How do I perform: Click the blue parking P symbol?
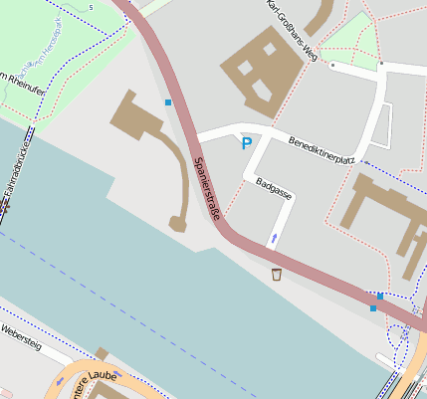pyautogui.click(x=246, y=144)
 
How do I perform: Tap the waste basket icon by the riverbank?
pyautogui.click(x=277, y=273)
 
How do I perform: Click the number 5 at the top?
pyautogui.click(x=91, y=8)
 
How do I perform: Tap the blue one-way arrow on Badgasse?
pyautogui.click(x=274, y=238)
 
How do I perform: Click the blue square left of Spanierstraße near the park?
pyautogui.click(x=168, y=102)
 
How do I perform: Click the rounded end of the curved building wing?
pyautogui.click(x=178, y=223)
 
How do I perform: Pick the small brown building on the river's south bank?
pyautogui.click(x=102, y=353)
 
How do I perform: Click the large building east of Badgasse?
pyautogui.click(x=383, y=214)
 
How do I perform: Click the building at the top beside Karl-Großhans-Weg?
pyautogui.click(x=320, y=17)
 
